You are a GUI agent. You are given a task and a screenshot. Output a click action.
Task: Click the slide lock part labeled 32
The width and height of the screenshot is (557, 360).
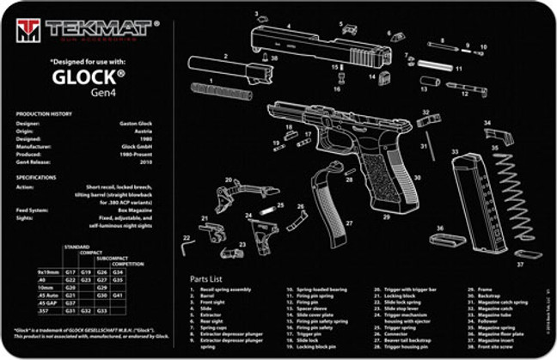pyautogui.click(x=427, y=121)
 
